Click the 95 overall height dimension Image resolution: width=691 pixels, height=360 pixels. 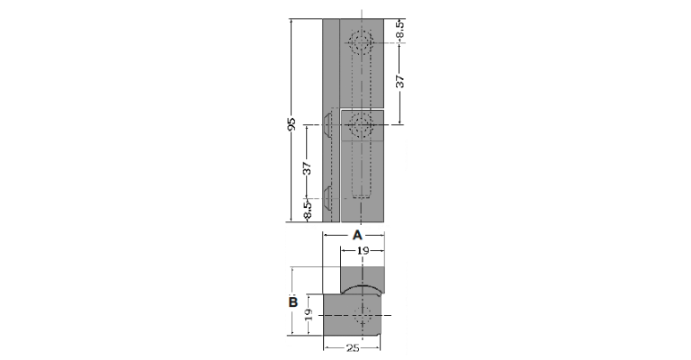click(x=291, y=124)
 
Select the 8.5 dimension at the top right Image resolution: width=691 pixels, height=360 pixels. click(x=400, y=31)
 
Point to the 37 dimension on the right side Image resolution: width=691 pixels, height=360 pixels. click(x=400, y=81)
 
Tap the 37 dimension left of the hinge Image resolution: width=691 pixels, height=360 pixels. click(x=307, y=168)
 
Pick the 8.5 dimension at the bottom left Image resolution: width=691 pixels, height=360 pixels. click(x=307, y=209)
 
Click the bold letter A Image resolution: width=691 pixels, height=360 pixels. click(x=357, y=235)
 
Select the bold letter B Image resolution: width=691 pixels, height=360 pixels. click(x=293, y=302)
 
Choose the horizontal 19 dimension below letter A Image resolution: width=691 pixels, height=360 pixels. click(x=363, y=251)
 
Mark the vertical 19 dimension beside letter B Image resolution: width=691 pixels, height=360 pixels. click(x=309, y=314)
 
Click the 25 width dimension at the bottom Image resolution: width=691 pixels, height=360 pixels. click(x=353, y=348)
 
